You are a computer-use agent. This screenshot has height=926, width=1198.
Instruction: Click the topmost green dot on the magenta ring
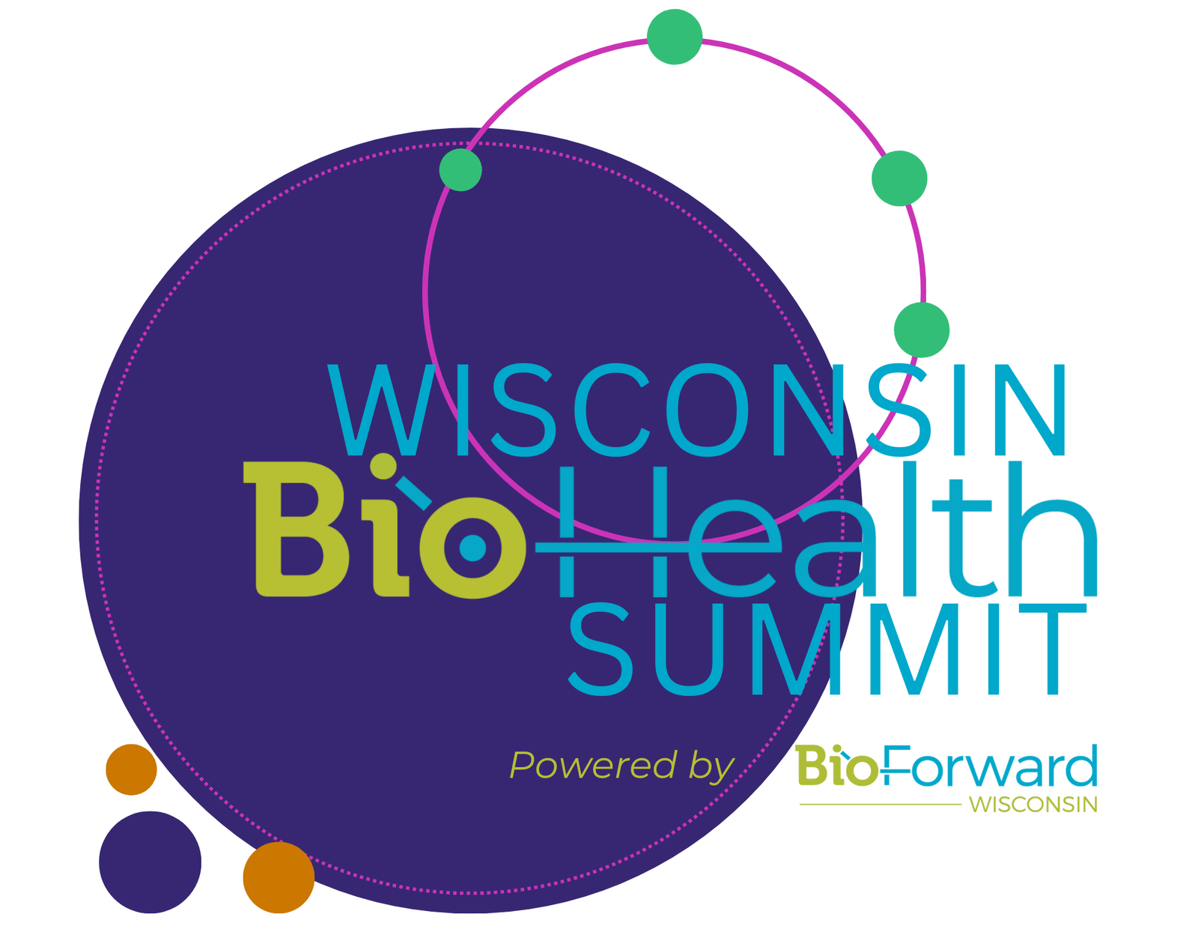(x=674, y=37)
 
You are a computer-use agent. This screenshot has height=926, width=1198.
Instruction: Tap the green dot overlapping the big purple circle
(x=460, y=169)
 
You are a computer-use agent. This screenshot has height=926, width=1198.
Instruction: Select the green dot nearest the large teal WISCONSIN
(x=922, y=330)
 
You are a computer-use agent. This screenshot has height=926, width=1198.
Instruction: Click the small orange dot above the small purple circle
(x=131, y=769)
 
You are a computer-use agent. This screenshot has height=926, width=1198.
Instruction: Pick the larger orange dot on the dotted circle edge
(x=279, y=877)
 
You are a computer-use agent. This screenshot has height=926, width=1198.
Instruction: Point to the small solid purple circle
(x=150, y=862)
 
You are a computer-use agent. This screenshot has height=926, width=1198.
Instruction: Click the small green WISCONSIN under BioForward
(x=1033, y=805)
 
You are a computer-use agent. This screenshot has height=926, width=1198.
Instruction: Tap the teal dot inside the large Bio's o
(x=472, y=548)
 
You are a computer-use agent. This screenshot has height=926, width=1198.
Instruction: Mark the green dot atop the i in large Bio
(x=383, y=466)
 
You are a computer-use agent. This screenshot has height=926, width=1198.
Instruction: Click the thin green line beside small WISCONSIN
(x=880, y=805)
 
